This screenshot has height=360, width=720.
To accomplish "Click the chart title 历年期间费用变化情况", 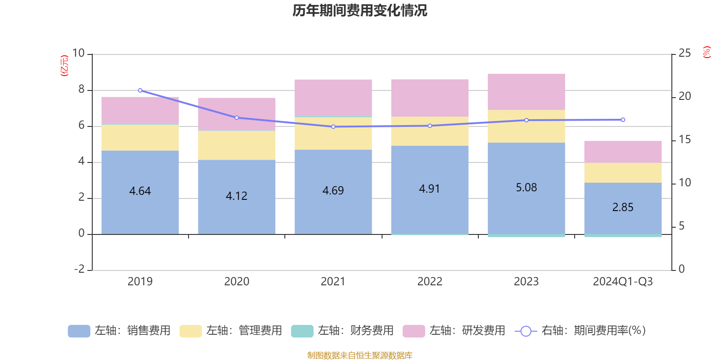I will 360,10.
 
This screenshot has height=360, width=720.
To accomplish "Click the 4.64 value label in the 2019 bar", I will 140,191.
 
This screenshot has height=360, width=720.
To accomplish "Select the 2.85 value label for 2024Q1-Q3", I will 623,207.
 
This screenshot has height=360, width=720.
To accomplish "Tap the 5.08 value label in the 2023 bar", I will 526,188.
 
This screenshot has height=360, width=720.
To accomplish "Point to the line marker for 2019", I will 140,90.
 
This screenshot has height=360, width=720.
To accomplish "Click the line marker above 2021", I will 333,127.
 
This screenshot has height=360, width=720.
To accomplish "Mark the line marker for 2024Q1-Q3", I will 623,120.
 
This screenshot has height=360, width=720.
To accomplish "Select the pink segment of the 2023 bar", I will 526,92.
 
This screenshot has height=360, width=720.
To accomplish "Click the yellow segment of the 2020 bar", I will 237,145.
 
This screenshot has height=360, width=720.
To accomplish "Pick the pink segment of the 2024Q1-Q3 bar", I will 623,152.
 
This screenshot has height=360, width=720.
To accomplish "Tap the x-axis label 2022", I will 430,282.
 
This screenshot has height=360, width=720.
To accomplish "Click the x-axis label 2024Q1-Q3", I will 623,282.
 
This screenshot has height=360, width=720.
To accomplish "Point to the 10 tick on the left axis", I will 78,54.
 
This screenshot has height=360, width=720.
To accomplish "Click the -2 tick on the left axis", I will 80,269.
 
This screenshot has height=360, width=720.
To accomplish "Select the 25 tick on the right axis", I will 684,54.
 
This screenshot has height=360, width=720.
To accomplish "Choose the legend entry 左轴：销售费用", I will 119,331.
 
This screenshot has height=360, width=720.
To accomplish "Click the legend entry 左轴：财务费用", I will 342,331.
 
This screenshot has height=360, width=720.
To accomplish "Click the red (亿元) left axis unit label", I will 65,66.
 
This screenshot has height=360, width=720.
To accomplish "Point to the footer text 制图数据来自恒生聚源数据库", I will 360,355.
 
